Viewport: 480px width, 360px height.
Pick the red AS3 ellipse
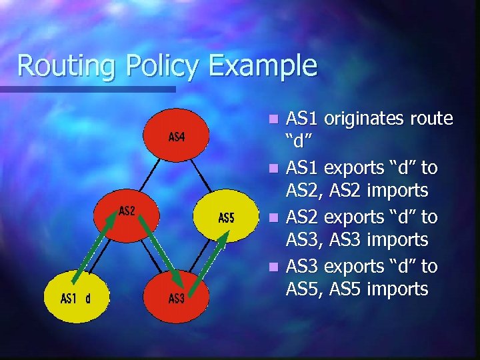(x=176, y=297)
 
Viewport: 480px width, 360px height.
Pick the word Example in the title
(x=263, y=65)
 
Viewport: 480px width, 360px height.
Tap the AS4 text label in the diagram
(x=176, y=137)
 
